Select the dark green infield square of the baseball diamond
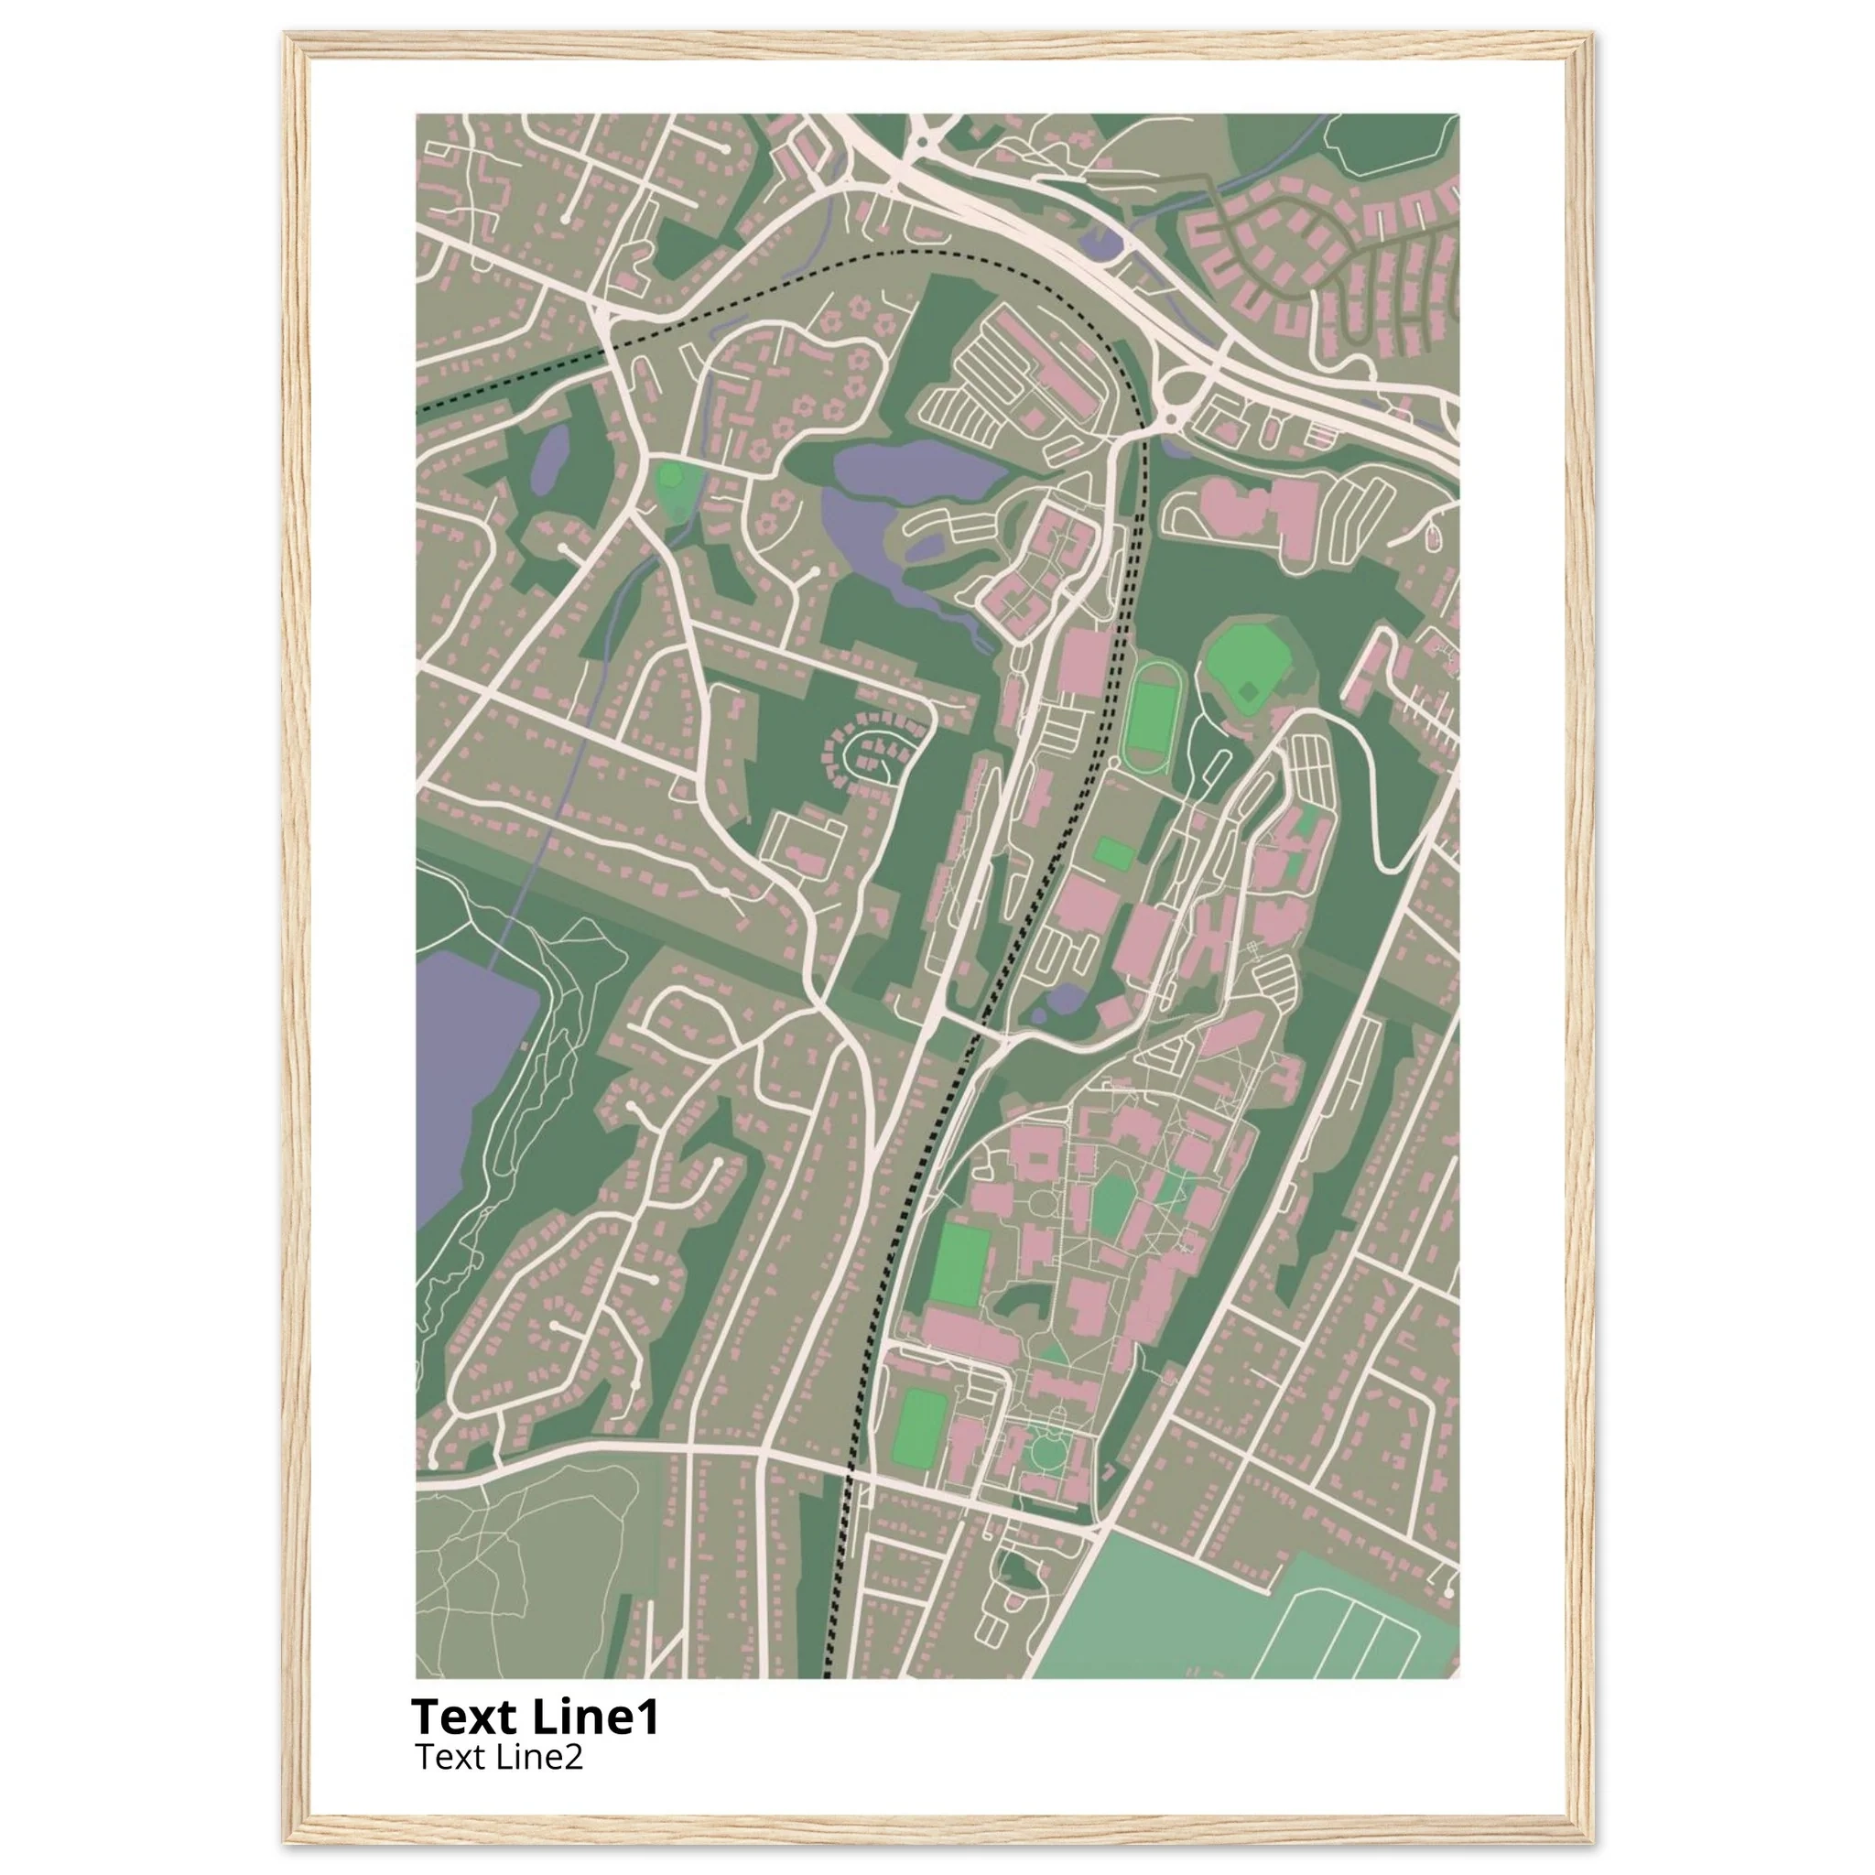point(1250,690)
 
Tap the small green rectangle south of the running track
point(1113,853)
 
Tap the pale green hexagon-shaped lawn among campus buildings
point(1112,1203)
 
